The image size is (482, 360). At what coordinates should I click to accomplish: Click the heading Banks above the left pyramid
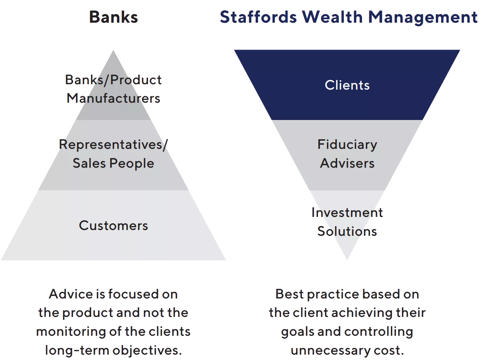(x=114, y=18)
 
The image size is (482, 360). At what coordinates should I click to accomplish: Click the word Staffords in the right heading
(x=258, y=18)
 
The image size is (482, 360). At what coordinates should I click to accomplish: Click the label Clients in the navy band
(x=347, y=85)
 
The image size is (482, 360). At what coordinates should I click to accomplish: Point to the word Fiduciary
(x=347, y=145)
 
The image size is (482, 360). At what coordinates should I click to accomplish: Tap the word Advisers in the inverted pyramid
(x=347, y=163)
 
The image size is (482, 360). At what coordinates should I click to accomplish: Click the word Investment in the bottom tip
(x=347, y=213)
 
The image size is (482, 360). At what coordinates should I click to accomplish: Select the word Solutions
(x=347, y=231)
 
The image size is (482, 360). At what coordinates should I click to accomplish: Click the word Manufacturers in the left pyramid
(x=114, y=98)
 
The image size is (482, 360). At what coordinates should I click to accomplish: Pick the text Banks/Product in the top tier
(x=114, y=80)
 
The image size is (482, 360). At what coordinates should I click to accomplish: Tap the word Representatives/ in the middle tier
(x=114, y=145)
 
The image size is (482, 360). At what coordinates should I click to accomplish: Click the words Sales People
(x=114, y=163)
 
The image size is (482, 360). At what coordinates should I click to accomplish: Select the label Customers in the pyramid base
(x=114, y=225)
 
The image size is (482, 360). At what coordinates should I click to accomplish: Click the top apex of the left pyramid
(x=114, y=51)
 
